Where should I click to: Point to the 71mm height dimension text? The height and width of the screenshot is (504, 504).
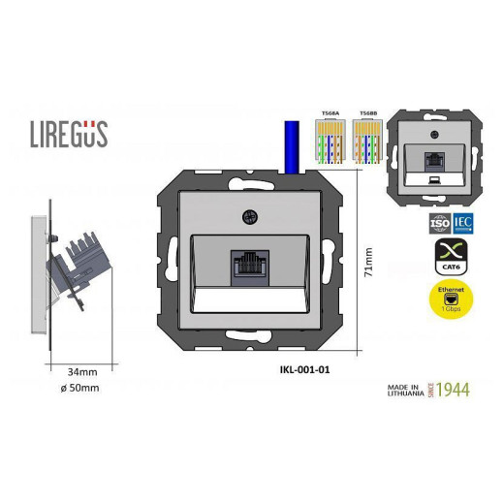[368, 262]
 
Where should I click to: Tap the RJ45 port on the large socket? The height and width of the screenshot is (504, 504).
[249, 268]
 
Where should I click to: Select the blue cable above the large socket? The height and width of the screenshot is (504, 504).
[288, 146]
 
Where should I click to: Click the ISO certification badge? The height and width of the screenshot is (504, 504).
[436, 223]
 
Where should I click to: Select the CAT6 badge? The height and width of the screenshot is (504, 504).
[449, 259]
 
